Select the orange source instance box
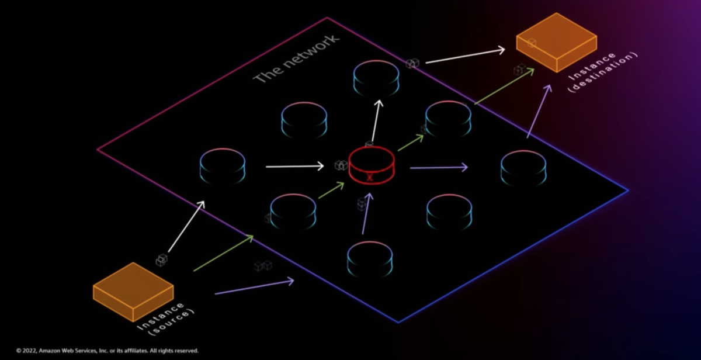click(133, 291)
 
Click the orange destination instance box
click(556, 43)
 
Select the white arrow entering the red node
click(294, 167)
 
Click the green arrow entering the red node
click(331, 191)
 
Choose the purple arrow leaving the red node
click(439, 168)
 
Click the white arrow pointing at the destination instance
click(465, 56)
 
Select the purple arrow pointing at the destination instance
click(538, 111)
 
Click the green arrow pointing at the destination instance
click(504, 86)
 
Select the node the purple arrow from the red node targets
click(523, 168)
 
